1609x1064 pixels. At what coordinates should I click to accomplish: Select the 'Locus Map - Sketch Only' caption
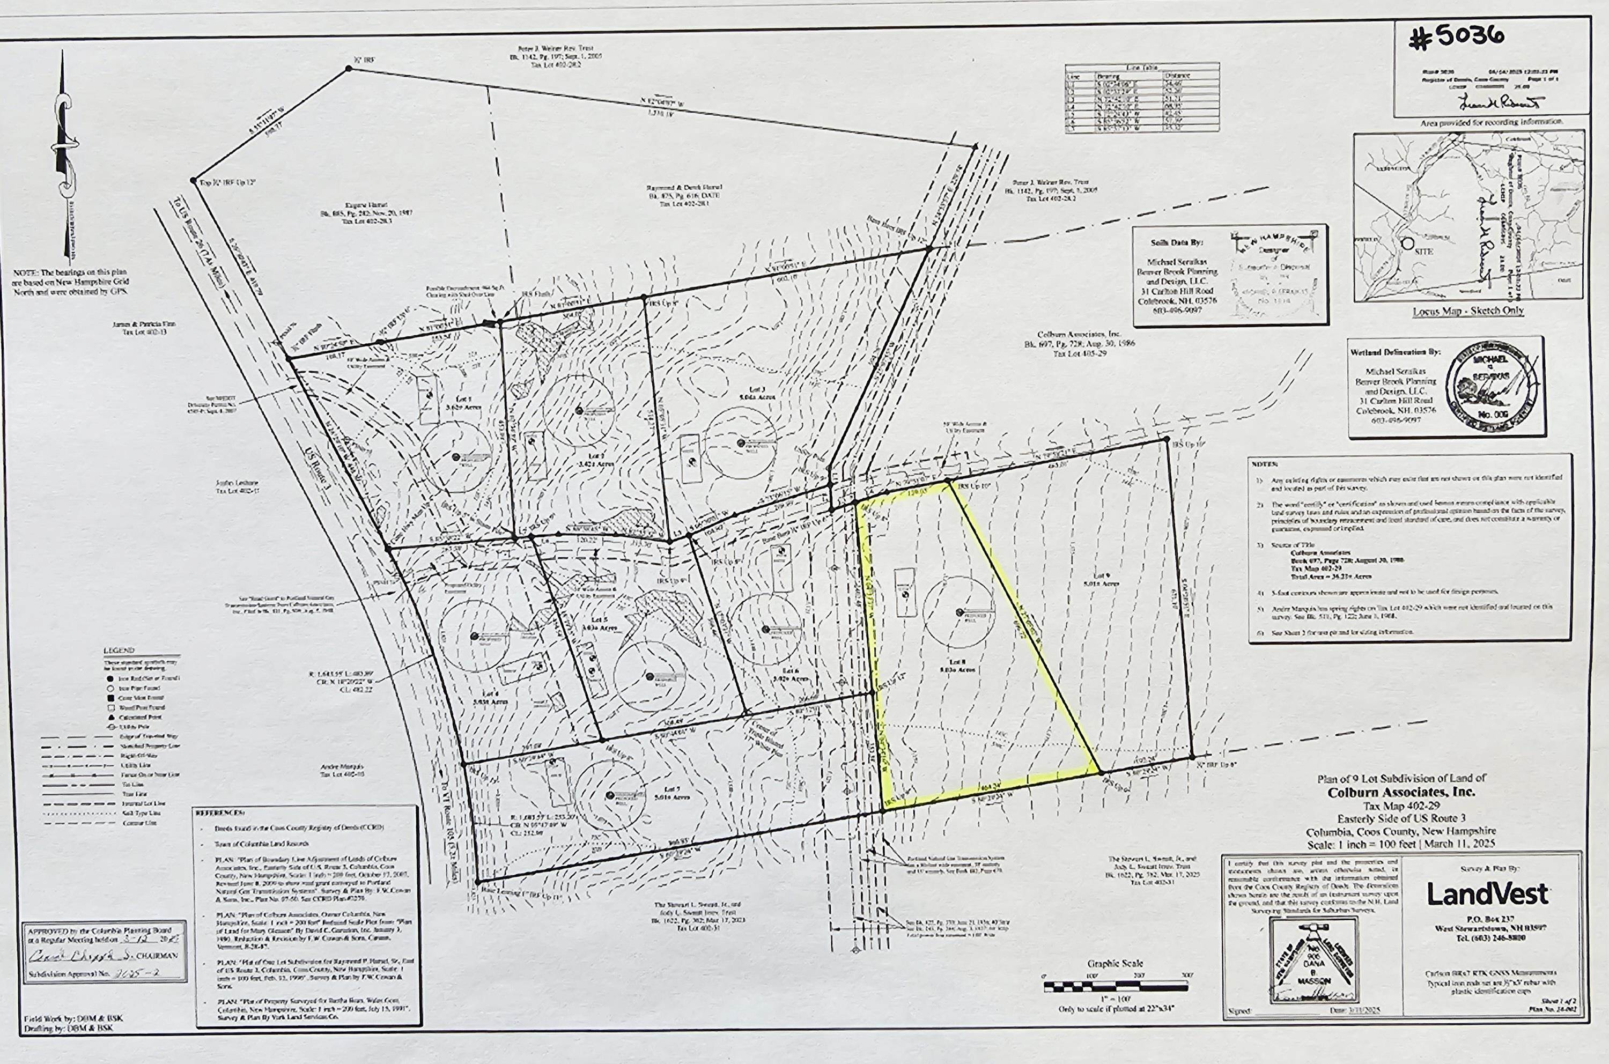pos(1468,311)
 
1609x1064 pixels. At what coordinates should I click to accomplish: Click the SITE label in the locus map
pos(1425,252)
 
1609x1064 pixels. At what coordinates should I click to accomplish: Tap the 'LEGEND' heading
pos(119,650)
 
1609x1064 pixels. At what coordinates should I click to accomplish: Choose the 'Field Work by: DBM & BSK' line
pos(73,1018)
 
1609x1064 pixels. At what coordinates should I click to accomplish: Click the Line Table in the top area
pos(1141,98)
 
